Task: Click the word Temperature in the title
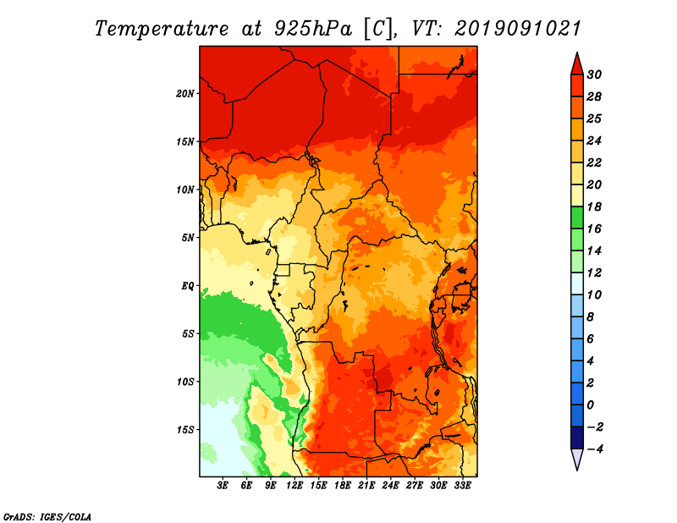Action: point(161,29)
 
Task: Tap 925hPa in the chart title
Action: point(313,29)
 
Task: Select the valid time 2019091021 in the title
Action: point(517,29)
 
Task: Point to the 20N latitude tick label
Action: point(184,94)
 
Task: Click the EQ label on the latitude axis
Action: point(188,286)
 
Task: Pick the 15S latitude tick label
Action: point(184,430)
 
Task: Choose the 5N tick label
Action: point(188,238)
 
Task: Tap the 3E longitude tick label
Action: point(223,485)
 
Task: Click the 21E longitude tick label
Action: point(366,485)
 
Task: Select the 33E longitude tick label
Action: point(462,485)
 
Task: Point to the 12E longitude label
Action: point(294,485)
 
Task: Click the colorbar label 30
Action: point(594,74)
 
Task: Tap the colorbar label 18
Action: point(594,206)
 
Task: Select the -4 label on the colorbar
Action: point(595,449)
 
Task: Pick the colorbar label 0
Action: point(591,405)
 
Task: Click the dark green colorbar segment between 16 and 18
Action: point(577,217)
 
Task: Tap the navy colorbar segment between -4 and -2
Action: point(577,438)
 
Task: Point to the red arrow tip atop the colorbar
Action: point(577,53)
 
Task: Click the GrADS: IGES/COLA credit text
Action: point(47,516)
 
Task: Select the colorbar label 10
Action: point(594,295)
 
